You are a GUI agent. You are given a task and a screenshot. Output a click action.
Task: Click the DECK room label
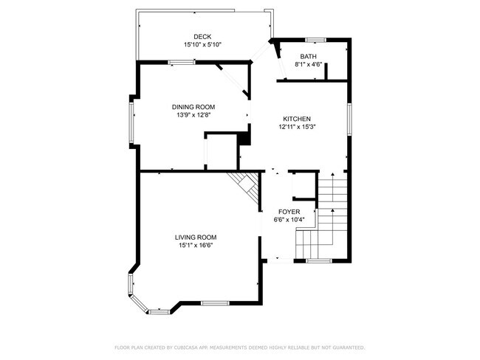coord(202,37)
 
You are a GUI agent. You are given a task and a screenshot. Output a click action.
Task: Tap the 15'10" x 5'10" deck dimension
coord(202,45)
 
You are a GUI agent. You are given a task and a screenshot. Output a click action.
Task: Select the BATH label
coord(308,57)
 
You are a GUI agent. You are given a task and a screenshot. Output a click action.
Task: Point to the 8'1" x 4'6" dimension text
coord(308,64)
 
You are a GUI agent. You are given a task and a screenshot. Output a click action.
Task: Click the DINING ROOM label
coord(193,107)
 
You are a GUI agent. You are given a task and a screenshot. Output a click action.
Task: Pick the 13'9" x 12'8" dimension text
coord(193,115)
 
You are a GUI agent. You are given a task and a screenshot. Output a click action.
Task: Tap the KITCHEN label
coord(297,119)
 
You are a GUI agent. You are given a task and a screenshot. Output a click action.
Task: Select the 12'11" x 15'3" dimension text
coord(297,127)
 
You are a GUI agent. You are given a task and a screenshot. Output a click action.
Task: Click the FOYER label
coord(289,212)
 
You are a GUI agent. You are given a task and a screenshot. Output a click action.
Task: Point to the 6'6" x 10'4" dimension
coord(289,220)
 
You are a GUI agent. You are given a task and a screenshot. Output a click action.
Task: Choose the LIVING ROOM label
coord(196,238)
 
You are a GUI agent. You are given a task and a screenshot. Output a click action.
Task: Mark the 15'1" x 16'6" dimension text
coord(196,246)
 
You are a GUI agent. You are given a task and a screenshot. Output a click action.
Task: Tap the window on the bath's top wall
coord(316,40)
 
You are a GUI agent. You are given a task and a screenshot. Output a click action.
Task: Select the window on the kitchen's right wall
coord(349,119)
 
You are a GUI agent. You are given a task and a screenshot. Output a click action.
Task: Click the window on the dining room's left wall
coord(131,122)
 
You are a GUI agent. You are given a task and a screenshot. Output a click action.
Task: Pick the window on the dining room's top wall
coord(182,63)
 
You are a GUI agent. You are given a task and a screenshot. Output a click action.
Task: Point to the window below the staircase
coord(319,261)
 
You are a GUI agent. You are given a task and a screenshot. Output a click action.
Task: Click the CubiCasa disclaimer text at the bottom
coord(240,347)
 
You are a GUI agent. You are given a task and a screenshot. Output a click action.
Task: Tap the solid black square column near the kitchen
coord(244,139)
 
